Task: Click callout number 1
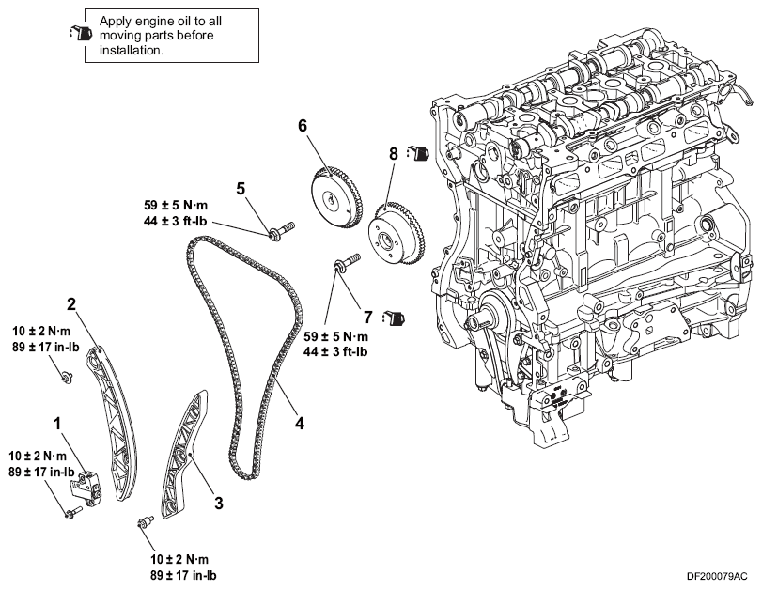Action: pyautogui.click(x=58, y=424)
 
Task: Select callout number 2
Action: pyautogui.click(x=71, y=304)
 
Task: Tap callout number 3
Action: pyautogui.click(x=219, y=503)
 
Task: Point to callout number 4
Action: pyautogui.click(x=300, y=424)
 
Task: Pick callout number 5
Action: pyautogui.click(x=241, y=189)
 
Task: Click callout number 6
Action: pyautogui.click(x=303, y=126)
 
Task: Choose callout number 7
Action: pyautogui.click(x=368, y=318)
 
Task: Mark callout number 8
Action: pyautogui.click(x=393, y=154)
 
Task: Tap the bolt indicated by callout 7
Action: pyautogui.click(x=346, y=261)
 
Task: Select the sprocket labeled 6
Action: pyautogui.click(x=334, y=197)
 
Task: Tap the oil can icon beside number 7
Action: pyautogui.click(x=394, y=318)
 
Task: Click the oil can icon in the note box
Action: pyautogui.click(x=80, y=33)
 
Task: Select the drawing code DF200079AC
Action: pyautogui.click(x=717, y=577)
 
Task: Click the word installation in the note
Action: pyautogui.click(x=131, y=51)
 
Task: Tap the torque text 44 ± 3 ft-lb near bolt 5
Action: pyautogui.click(x=176, y=221)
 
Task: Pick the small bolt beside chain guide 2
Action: pyautogui.click(x=66, y=377)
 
